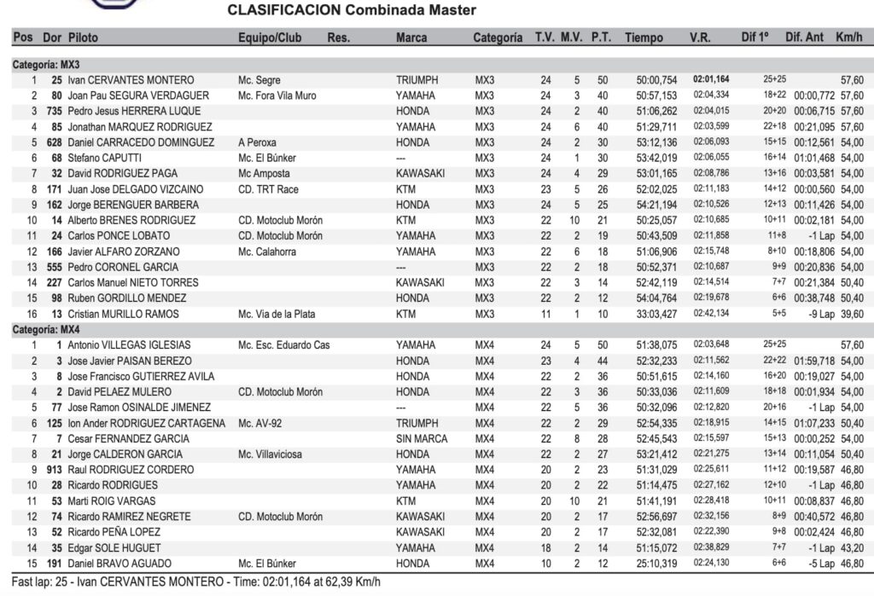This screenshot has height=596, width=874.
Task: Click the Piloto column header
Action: [x=84, y=38]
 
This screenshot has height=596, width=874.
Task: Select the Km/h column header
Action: [x=848, y=38]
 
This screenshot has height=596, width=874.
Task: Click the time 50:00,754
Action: [x=656, y=80]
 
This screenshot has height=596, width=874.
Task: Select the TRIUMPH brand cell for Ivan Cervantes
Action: [x=417, y=80]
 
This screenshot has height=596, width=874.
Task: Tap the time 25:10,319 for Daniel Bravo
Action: [x=656, y=564]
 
